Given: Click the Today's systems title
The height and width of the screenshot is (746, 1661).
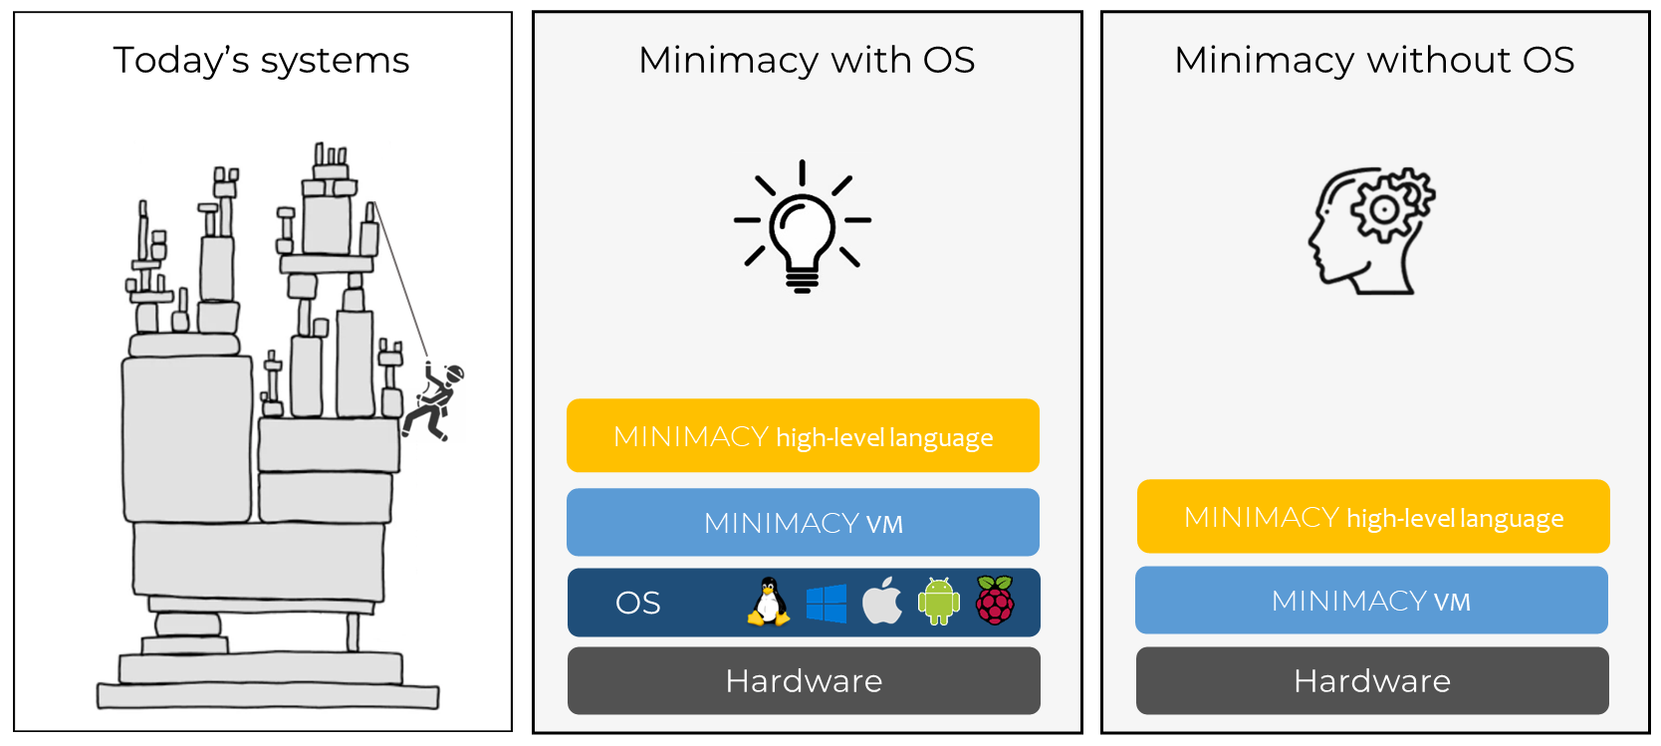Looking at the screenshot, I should (261, 61).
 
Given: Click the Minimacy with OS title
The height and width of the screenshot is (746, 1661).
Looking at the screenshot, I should (807, 61).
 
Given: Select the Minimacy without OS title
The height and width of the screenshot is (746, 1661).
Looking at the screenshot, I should (1374, 61).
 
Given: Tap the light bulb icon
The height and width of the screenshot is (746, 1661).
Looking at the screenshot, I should (803, 227).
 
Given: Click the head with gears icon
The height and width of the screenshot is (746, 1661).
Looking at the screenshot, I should (1369, 231).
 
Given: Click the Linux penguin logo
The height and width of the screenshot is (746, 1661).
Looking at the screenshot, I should (768, 602).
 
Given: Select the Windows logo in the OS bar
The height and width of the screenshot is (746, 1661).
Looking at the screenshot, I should (826, 604).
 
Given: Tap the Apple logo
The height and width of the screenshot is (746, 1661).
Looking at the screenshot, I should (881, 601).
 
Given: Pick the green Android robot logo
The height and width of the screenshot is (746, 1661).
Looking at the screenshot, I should (938, 602).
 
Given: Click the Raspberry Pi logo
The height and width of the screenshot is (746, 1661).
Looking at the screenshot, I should (995, 601).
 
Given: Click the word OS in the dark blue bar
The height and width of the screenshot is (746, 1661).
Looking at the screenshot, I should (638, 604).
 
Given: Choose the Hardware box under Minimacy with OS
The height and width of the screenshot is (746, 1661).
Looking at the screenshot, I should (804, 681).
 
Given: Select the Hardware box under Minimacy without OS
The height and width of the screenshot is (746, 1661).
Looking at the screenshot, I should (1372, 681).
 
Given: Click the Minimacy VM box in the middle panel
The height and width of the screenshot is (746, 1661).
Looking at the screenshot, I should (803, 523).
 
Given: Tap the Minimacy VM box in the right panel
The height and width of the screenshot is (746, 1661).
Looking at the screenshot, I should (1371, 601).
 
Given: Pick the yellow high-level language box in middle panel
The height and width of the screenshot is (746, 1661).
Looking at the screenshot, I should (803, 436).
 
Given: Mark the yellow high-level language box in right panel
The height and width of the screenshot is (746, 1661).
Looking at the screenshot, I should (1373, 517).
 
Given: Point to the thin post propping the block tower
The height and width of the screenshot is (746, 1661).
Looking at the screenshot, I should (353, 632).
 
